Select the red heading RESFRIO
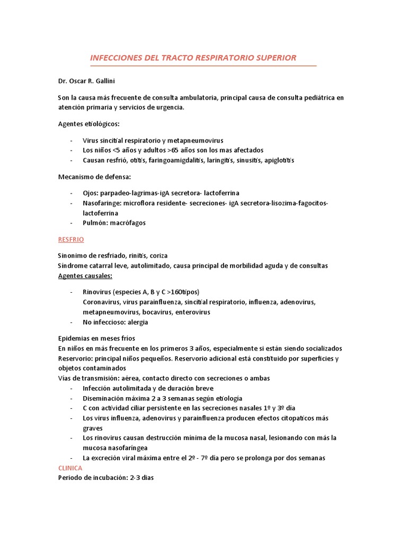coord(72,240)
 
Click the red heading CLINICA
coord(70,468)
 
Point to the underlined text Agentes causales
coord(85,276)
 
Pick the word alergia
coord(137,322)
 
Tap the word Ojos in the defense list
coord(90,193)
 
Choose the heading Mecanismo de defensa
coord(94,177)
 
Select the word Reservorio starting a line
coord(76,358)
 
